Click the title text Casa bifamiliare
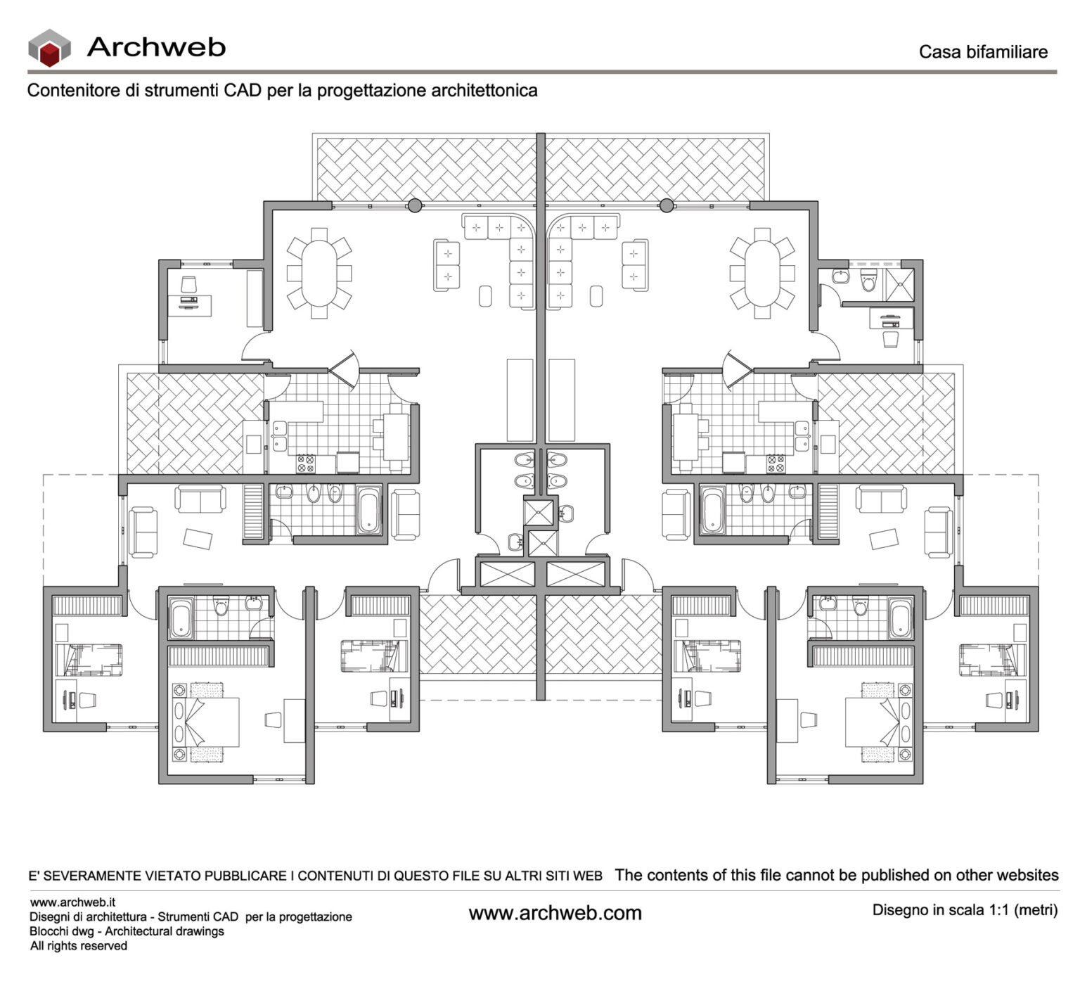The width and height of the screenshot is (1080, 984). point(982,52)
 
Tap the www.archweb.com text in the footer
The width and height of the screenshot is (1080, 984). point(555,914)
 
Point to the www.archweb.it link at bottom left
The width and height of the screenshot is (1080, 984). point(72,902)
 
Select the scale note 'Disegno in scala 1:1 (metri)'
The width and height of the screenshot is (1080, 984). point(964,910)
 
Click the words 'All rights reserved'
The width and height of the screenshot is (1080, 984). point(78,946)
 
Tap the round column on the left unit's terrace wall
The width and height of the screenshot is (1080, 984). point(415,205)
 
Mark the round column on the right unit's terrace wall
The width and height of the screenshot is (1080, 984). point(667,205)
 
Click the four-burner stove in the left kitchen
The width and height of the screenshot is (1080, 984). point(306,463)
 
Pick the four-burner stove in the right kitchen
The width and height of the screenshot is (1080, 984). point(776,463)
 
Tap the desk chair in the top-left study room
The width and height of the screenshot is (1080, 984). point(188,284)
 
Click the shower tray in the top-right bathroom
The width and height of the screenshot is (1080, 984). point(898,281)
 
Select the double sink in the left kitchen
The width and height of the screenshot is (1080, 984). point(280,435)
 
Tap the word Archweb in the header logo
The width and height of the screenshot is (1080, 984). point(155,47)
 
